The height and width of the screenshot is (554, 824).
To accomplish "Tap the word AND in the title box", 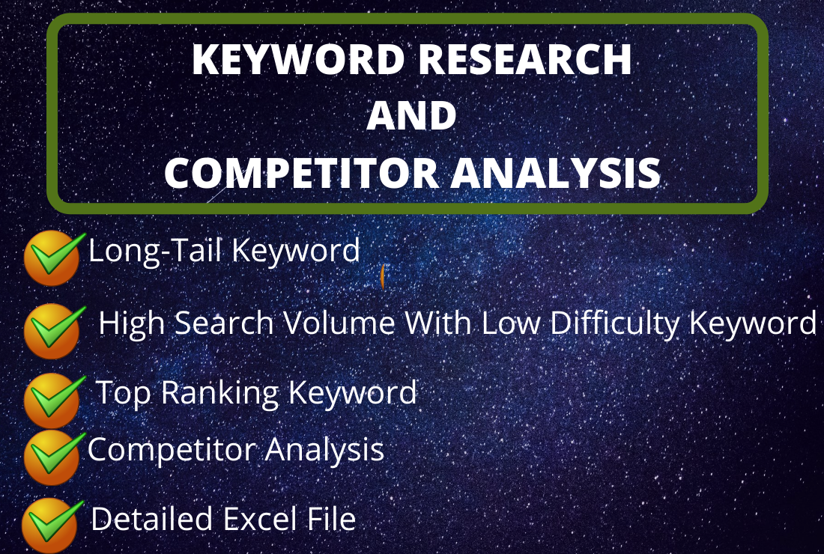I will [x=411, y=116].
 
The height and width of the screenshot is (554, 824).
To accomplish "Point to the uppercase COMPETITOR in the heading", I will [x=301, y=174].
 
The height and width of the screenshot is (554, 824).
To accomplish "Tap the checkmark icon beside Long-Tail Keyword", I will [x=52, y=257].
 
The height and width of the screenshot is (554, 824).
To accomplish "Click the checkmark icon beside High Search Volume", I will [x=52, y=329].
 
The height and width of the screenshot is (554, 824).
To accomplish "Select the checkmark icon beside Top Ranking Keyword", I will [x=52, y=400].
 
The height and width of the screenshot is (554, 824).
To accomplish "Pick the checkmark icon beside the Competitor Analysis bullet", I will [x=52, y=455].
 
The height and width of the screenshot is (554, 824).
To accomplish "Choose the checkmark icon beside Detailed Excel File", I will [x=51, y=523].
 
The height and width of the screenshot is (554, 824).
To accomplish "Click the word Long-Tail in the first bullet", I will [x=155, y=251].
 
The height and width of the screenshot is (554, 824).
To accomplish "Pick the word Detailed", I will [x=151, y=519].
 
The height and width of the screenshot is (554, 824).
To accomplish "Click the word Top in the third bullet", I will [x=124, y=393].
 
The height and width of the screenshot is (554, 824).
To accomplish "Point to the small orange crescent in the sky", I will [x=382, y=277].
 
